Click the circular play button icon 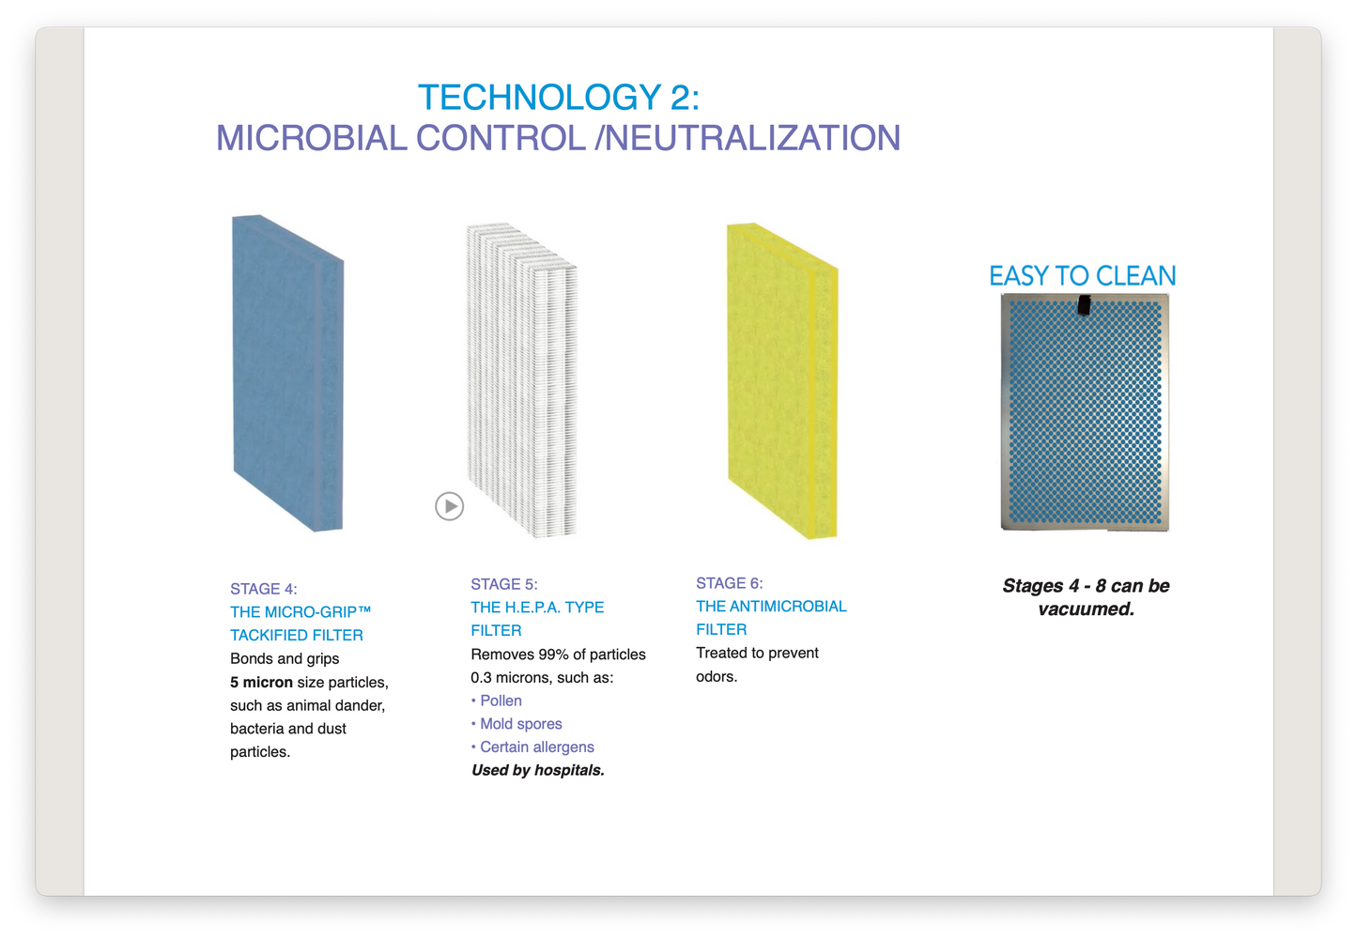click(450, 506)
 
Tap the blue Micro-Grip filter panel click(287, 374)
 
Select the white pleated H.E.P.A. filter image click(521, 380)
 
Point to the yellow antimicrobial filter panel click(781, 380)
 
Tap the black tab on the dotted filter click(1084, 304)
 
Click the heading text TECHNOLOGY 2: click(559, 98)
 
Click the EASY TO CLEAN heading click(1082, 276)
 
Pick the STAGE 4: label click(264, 589)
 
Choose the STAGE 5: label click(504, 584)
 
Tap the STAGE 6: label click(730, 583)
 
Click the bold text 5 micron click(261, 682)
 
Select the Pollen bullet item click(501, 701)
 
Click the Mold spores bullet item click(520, 724)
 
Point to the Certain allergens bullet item click(536, 747)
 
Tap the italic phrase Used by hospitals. click(538, 770)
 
